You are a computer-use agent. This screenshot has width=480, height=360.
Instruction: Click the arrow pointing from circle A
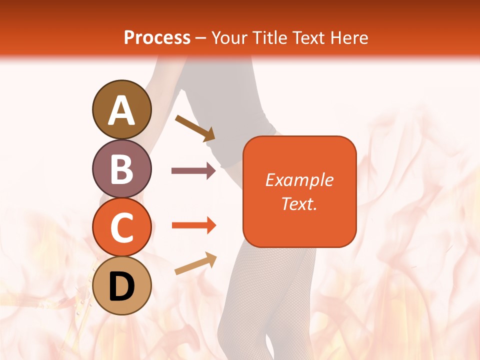195,128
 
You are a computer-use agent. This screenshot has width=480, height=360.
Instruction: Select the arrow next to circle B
193,171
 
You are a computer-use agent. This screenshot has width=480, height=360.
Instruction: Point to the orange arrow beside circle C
193,225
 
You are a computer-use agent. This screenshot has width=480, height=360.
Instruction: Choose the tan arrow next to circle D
195,263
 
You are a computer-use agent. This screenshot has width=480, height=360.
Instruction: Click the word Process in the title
157,37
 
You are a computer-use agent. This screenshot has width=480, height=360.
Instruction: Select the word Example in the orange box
299,180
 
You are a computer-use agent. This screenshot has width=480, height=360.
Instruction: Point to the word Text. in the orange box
299,203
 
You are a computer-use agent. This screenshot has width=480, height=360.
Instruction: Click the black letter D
122,286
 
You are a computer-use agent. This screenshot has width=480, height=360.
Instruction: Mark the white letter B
122,169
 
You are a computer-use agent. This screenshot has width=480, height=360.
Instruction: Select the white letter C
122,228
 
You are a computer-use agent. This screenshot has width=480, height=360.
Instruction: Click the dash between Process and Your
201,38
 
